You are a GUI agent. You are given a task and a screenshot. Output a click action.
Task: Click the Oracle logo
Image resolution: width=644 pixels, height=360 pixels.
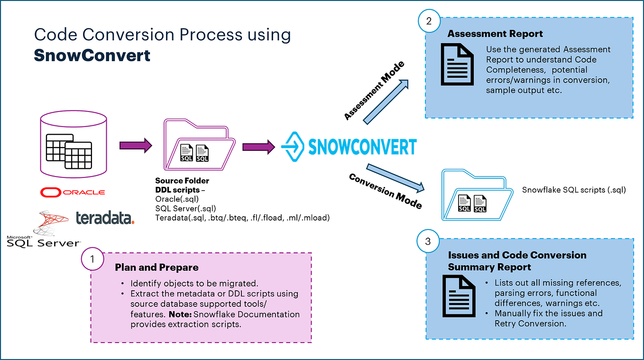(73, 192)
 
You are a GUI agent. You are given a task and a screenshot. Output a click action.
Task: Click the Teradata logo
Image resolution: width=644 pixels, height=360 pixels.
(105, 217)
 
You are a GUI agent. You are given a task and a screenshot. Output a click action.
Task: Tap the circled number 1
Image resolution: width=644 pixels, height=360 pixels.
(92, 259)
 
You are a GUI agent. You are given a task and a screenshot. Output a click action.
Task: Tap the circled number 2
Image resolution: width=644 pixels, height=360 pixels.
(430, 21)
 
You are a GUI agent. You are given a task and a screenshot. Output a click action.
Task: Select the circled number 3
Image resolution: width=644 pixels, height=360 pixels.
(428, 241)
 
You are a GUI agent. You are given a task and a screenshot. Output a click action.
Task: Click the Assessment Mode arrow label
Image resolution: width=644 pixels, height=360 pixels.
(375, 91)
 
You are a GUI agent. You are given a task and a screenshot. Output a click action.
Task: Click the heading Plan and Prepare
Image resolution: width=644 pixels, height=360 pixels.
(156, 268)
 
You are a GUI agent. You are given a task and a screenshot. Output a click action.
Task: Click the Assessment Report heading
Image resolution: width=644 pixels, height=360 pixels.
(495, 34)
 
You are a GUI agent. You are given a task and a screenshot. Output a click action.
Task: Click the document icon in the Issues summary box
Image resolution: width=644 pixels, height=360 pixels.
(459, 297)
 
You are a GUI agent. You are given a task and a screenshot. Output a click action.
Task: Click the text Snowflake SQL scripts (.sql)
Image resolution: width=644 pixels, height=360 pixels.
(574, 190)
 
